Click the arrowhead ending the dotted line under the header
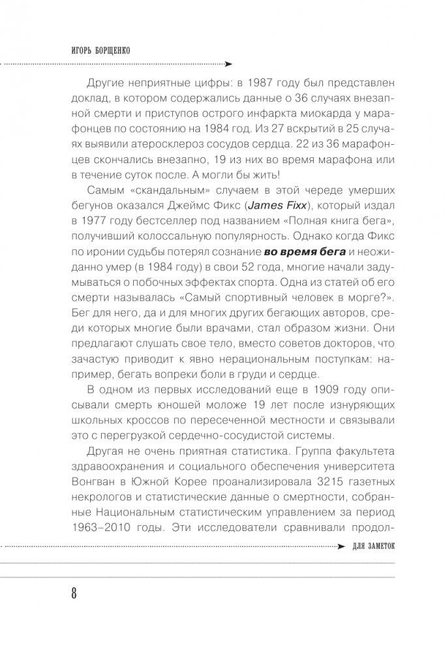pyautogui.click(x=228, y=65)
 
